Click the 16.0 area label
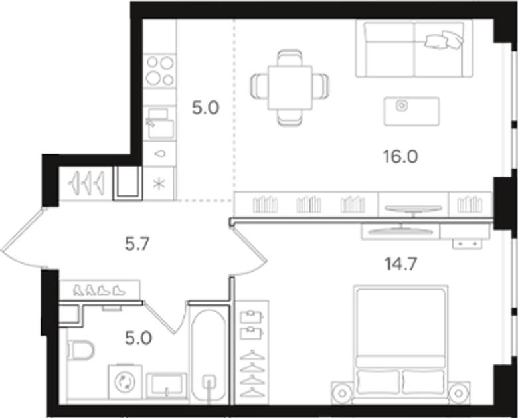pos(400,156)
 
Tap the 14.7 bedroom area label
pos(401,264)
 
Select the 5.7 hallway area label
pos(137,245)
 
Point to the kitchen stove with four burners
pos(160,70)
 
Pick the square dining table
pos(290,88)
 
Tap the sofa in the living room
pos(414,49)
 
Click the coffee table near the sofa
pos(411,111)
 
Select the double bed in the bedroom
pos(400,344)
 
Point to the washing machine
pos(126,382)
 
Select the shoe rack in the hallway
pos(100,290)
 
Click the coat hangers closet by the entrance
pos(86,183)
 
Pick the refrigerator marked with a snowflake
pos(159,184)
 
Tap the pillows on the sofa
pos(444,40)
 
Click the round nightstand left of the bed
pos(342,393)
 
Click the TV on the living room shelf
pos(414,209)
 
